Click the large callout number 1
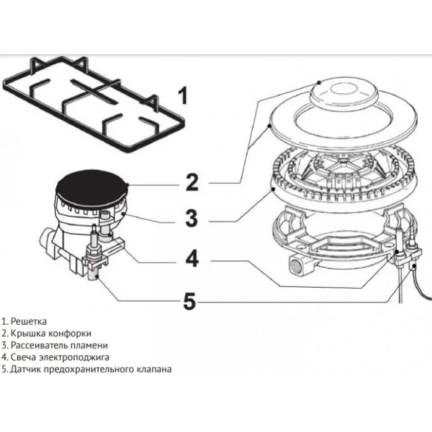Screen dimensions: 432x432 click(x=183, y=95)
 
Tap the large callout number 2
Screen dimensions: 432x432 click(x=192, y=182)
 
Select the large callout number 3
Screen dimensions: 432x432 click(x=191, y=218)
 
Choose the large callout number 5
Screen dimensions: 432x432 click(x=189, y=301)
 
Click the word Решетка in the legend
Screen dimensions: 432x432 click(x=28, y=322)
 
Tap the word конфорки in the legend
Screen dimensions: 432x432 click(x=70, y=333)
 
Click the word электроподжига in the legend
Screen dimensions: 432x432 click(x=75, y=357)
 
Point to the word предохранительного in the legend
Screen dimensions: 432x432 click(x=88, y=369)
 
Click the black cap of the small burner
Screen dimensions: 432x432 click(x=92, y=188)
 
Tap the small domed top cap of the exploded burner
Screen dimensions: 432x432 click(x=344, y=93)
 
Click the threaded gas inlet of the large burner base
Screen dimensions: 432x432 click(x=297, y=265)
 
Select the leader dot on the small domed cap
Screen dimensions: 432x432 click(x=319, y=82)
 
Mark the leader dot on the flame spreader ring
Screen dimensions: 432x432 click(x=273, y=189)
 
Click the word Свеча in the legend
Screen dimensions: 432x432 click(x=23, y=357)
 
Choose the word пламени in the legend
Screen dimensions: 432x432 click(x=89, y=346)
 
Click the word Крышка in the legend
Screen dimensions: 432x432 click(x=28, y=333)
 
